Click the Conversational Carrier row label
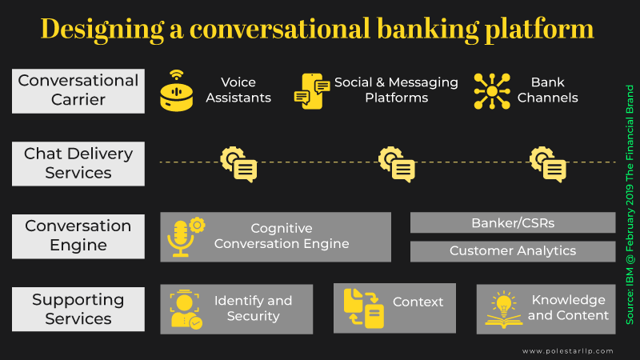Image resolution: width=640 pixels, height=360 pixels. pos(78,90)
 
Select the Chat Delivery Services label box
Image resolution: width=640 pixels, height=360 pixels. pos(78,162)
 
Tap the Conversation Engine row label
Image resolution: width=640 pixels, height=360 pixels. pos(78,235)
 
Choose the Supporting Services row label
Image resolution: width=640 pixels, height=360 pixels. pos(78,309)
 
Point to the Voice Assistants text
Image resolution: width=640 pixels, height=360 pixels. pos(238,90)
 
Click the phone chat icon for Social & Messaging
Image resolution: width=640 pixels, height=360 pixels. pos(312,90)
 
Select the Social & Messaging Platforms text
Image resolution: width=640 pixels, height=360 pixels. pos(396,90)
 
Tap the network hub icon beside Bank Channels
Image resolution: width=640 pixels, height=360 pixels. pos(492,90)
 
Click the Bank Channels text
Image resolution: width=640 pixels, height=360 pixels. pos(547,90)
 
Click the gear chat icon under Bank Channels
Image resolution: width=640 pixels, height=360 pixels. pos(548,163)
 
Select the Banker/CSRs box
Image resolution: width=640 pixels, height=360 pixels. pos(513,222)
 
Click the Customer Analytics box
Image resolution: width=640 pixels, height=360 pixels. pos(513,251)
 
